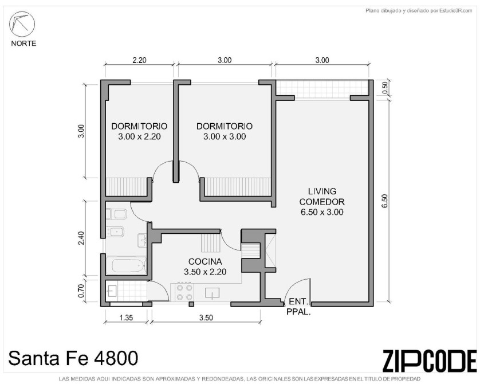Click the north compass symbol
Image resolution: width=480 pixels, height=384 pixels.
point(22,24)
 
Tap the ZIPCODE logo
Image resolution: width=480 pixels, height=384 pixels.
point(429,361)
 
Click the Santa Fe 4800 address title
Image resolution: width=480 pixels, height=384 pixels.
point(73,358)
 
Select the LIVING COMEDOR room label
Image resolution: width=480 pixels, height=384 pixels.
point(322,202)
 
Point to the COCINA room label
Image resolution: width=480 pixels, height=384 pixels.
point(205,267)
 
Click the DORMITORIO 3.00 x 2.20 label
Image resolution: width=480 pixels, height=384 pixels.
point(139,131)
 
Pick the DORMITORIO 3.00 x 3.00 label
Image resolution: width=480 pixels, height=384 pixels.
point(225,131)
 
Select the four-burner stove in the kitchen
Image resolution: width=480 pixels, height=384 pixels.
point(184,292)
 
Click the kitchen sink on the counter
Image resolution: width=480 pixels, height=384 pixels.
point(213,293)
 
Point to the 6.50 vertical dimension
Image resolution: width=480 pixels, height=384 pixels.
point(385,201)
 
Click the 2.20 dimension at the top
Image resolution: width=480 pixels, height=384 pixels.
point(139,60)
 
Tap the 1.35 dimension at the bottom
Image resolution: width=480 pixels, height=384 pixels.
point(126,318)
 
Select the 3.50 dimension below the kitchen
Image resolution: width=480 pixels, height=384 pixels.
point(206,318)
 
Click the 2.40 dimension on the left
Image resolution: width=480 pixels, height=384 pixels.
point(81,238)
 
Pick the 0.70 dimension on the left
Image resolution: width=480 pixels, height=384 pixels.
point(81,291)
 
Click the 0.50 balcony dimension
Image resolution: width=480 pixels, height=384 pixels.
point(385,88)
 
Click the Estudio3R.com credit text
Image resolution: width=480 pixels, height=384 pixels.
point(419,11)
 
